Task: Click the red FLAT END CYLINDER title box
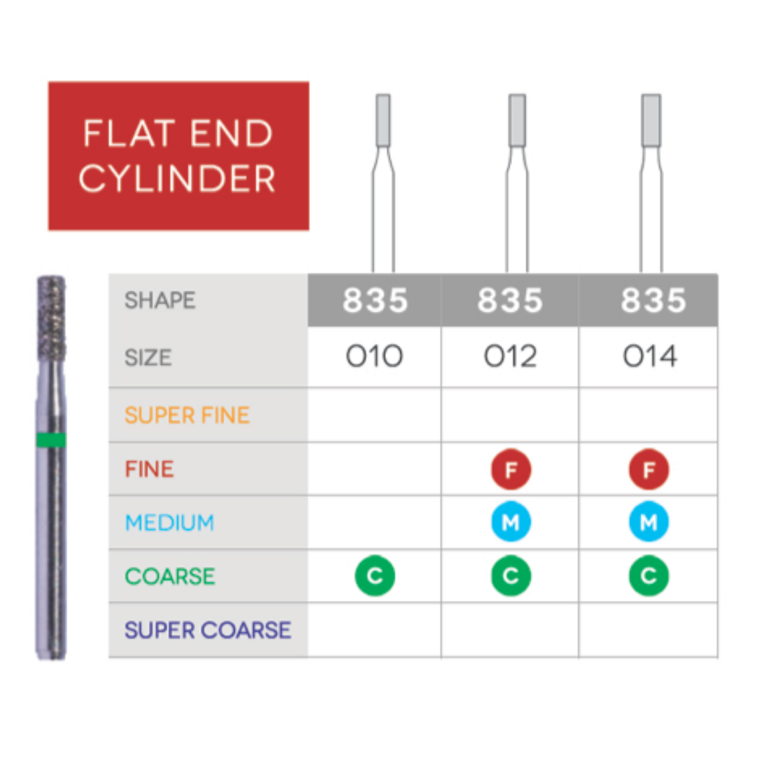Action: (178, 155)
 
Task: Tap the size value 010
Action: (374, 356)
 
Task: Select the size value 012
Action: (510, 356)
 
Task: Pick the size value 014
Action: (650, 356)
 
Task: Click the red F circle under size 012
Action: (511, 469)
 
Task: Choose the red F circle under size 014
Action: (649, 469)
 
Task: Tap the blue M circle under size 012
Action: (511, 522)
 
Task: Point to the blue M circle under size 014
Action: (649, 522)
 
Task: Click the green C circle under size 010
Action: (375, 576)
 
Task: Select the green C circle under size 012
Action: (511, 576)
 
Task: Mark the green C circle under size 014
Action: (649, 576)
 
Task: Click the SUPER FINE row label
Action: (187, 416)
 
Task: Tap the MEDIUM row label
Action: (170, 523)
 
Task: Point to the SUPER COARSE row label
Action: (208, 630)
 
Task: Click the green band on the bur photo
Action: (51, 440)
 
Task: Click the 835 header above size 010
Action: (375, 300)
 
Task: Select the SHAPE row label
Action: (160, 300)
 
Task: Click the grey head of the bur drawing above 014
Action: (651, 120)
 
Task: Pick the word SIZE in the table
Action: (148, 358)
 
